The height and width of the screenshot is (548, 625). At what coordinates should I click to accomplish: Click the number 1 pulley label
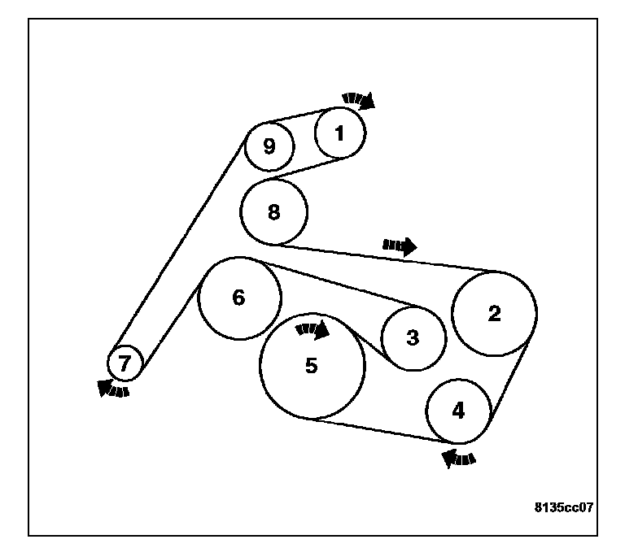pyautogui.click(x=340, y=132)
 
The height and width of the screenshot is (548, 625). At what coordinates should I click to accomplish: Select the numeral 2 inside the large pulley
pyautogui.click(x=494, y=315)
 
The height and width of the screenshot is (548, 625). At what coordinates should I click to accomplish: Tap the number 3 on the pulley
pyautogui.click(x=413, y=337)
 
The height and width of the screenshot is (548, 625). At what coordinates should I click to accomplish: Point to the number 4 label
pyautogui.click(x=459, y=411)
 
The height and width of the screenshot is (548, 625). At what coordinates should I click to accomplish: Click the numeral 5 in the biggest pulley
pyautogui.click(x=312, y=367)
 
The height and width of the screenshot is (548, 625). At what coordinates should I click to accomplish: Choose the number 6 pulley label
pyautogui.click(x=238, y=298)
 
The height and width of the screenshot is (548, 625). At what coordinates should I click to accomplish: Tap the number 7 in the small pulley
pyautogui.click(x=125, y=364)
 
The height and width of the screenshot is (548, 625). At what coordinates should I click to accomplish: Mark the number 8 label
pyautogui.click(x=273, y=212)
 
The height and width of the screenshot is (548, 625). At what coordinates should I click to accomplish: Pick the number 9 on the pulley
pyautogui.click(x=269, y=146)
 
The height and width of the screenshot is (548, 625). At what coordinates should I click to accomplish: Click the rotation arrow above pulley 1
pyautogui.click(x=358, y=99)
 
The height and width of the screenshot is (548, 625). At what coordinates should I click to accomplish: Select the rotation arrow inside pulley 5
pyautogui.click(x=312, y=329)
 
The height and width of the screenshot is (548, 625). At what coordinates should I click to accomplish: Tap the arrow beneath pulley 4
pyautogui.click(x=459, y=459)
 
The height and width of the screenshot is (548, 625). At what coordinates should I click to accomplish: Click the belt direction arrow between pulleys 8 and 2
pyautogui.click(x=400, y=246)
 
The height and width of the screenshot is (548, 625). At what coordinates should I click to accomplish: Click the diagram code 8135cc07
pyautogui.click(x=563, y=507)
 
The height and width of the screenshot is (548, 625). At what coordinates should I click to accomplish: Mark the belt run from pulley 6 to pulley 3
pyautogui.click(x=342, y=285)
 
